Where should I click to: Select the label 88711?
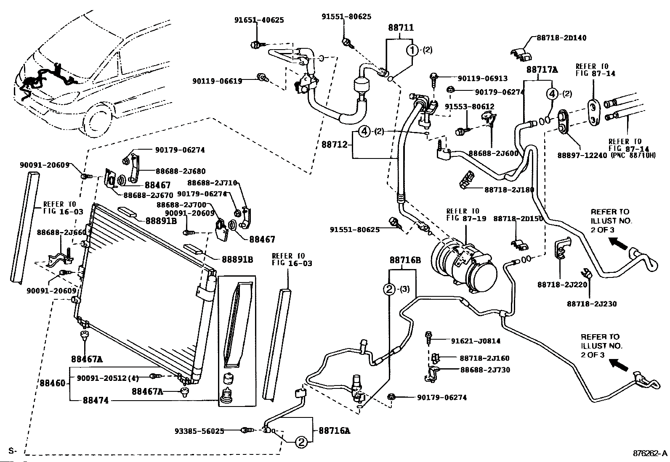coord(400,28)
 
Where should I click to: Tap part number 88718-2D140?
coord(561,38)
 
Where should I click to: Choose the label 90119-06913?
coord(483,78)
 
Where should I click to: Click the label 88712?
coord(335,145)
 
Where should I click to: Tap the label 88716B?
coord(405,260)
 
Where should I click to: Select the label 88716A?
coord(334,430)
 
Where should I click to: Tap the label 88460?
coord(53,383)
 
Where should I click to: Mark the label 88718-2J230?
coord(591,304)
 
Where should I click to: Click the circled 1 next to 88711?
coord(412,50)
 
